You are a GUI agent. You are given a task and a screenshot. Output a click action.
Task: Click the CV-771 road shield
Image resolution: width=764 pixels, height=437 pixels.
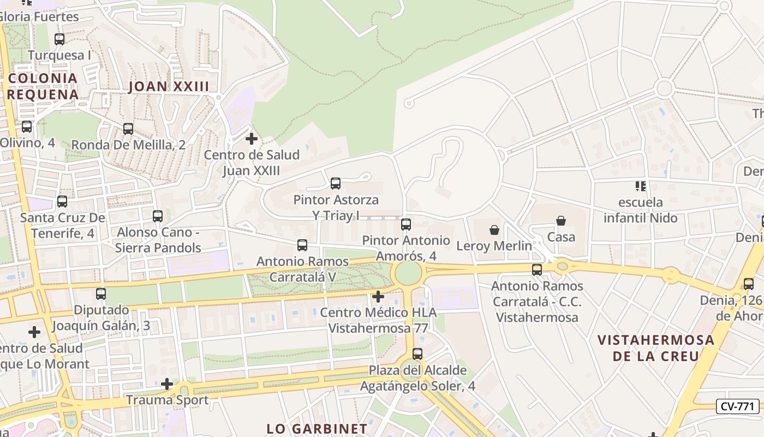(x=737, y=406)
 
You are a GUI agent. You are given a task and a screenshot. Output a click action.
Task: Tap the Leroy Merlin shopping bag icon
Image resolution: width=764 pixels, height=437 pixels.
(x=494, y=230)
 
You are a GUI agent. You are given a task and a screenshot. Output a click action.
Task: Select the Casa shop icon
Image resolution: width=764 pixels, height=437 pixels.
(x=561, y=221)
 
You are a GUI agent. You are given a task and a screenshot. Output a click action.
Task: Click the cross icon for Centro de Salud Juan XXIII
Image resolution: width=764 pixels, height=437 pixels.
(x=252, y=139)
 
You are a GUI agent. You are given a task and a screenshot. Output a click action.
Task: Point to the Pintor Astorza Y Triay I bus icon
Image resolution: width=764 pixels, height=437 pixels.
(x=336, y=184)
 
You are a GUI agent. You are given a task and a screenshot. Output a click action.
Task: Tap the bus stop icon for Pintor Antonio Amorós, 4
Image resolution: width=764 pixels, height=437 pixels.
(x=406, y=224)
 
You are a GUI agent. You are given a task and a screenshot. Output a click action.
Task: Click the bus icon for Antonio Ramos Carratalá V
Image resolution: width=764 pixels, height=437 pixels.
(x=302, y=245)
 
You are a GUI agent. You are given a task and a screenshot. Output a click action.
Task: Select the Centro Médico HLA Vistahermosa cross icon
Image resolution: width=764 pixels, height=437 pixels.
(x=378, y=297)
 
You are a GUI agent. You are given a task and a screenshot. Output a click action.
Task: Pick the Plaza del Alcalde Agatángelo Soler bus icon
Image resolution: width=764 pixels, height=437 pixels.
(x=417, y=353)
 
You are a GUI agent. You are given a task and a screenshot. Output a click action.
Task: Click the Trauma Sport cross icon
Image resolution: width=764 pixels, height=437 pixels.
(x=167, y=385)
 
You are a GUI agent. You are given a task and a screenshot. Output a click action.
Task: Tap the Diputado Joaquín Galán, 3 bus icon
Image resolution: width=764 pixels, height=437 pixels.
(x=101, y=294)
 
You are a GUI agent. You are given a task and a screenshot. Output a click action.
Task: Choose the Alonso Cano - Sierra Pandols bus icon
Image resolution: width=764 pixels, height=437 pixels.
(x=158, y=216)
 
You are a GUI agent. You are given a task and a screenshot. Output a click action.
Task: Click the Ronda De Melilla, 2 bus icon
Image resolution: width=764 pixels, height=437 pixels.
(x=128, y=129)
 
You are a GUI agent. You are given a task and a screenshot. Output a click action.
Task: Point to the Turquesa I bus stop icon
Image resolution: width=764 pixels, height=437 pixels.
(x=59, y=39)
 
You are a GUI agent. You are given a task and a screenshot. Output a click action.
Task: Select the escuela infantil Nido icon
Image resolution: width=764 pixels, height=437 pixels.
(x=641, y=186)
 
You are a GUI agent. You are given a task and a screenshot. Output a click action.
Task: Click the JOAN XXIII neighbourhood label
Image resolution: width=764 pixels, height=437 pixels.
(x=169, y=86)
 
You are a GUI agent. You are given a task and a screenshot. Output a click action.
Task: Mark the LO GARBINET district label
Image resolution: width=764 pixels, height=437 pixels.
(x=317, y=428)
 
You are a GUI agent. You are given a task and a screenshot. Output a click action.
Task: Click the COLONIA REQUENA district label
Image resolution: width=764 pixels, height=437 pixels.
(x=43, y=86)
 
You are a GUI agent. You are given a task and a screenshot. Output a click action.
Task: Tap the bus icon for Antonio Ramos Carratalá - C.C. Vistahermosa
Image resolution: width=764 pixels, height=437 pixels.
(x=537, y=270)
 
